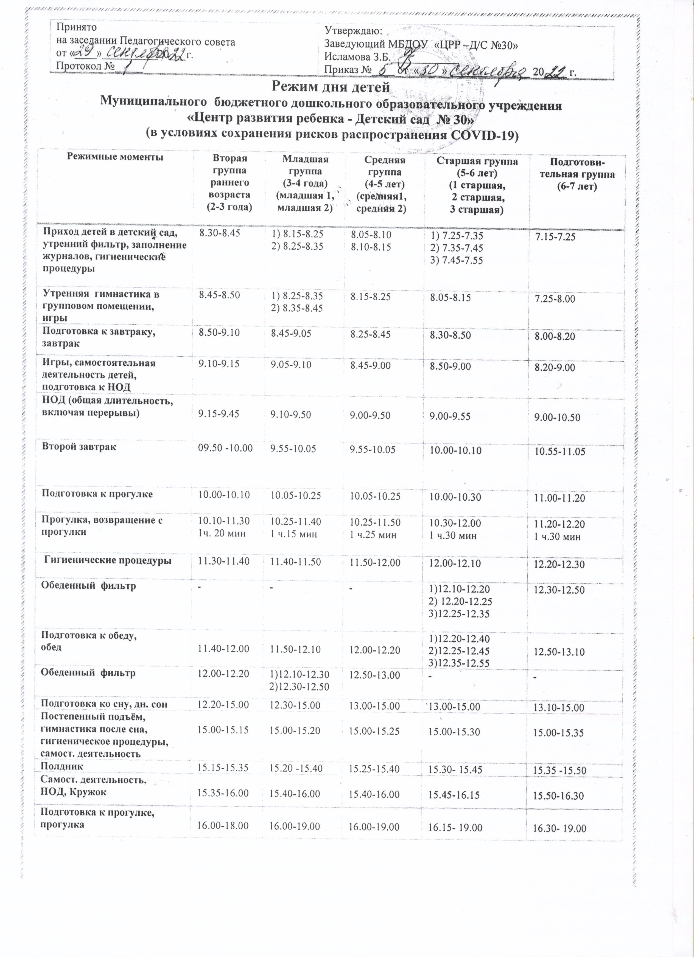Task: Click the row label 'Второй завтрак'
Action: (79, 447)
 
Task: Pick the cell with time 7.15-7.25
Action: (555, 237)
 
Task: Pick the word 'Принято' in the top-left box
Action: (76, 27)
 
